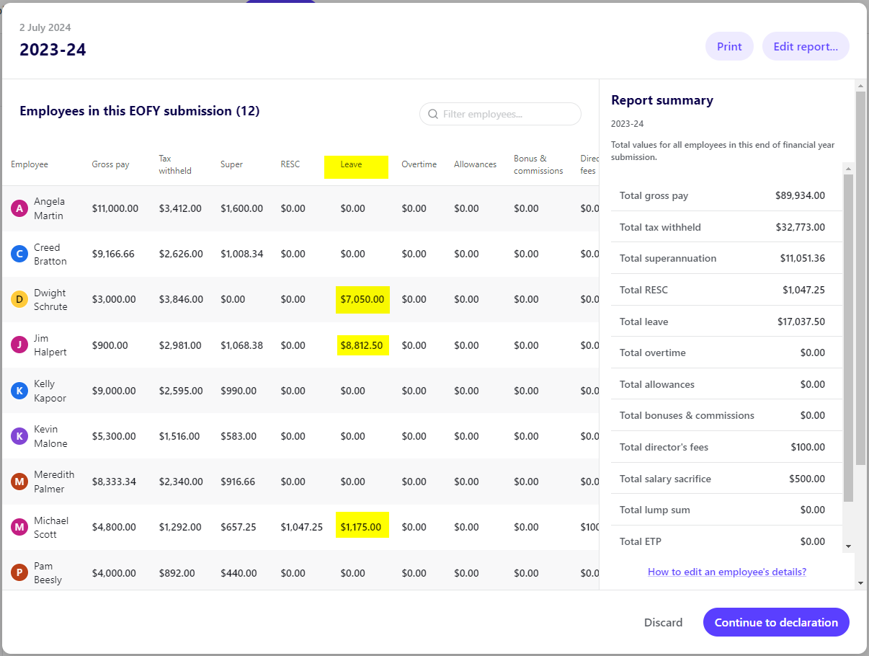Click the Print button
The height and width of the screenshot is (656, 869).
point(729,46)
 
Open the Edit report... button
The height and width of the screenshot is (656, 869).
point(805,46)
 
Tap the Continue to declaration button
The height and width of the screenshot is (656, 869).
point(775,622)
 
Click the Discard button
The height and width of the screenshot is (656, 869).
point(663,622)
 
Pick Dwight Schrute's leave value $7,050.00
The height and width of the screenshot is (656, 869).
point(362,299)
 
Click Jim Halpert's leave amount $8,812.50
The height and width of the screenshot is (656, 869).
point(362,345)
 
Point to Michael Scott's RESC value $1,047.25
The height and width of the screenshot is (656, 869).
point(301,527)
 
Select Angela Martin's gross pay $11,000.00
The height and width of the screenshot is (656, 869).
point(115,208)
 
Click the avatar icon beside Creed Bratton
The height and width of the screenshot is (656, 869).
point(19,254)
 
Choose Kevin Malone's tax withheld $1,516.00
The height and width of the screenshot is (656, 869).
point(180,436)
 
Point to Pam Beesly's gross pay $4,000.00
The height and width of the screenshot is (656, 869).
point(114,573)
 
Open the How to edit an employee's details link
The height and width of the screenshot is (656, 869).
point(726,572)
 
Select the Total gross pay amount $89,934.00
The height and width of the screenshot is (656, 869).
point(800,195)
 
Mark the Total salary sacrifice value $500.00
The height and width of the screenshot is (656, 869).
point(807,479)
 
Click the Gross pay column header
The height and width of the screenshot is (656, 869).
point(110,164)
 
